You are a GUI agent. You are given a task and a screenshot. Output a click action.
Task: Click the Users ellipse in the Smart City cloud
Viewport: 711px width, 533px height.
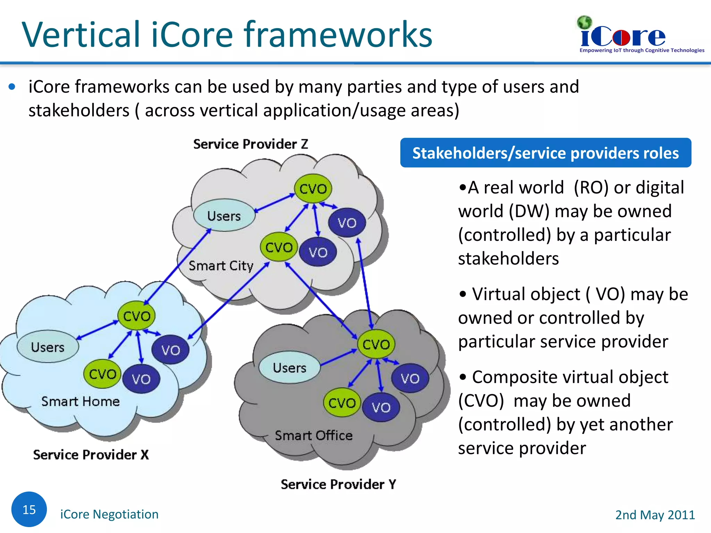pyautogui.click(x=224, y=215)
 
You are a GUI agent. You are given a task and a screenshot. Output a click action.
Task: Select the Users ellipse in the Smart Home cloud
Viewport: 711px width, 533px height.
pyautogui.click(x=48, y=347)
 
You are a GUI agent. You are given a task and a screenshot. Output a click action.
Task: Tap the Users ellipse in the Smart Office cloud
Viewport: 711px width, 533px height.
pyautogui.click(x=290, y=367)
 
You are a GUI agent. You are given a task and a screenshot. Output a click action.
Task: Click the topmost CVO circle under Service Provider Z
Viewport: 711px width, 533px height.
pyautogui.click(x=313, y=189)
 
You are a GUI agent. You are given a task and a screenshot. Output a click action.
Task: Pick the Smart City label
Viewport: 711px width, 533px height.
pyautogui.click(x=221, y=266)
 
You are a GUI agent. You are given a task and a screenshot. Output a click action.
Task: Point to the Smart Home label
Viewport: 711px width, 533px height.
pyautogui.click(x=80, y=401)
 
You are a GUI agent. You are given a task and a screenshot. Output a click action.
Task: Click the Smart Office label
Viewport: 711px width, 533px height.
pyautogui.click(x=313, y=435)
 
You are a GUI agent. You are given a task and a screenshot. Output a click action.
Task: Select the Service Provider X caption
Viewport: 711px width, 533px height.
pyautogui.click(x=91, y=455)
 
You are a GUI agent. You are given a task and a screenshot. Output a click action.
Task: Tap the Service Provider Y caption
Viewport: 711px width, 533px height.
pyautogui.click(x=338, y=484)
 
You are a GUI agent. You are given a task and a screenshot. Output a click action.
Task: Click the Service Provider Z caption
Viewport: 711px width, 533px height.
pyautogui.click(x=251, y=144)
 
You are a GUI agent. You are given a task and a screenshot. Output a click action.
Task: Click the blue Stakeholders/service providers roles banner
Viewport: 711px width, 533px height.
pyautogui.click(x=545, y=153)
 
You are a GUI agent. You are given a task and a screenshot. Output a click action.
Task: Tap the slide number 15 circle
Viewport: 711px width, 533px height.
pyautogui.click(x=29, y=509)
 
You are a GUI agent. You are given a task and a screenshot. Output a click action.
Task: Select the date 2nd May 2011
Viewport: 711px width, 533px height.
pyautogui.click(x=655, y=515)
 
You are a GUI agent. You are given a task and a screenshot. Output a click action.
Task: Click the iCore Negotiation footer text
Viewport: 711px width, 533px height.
pyautogui.click(x=109, y=514)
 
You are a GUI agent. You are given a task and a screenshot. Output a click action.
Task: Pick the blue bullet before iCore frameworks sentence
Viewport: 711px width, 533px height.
pyautogui.click(x=12, y=87)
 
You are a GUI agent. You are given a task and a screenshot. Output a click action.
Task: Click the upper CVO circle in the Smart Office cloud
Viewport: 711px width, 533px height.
pyautogui.click(x=376, y=344)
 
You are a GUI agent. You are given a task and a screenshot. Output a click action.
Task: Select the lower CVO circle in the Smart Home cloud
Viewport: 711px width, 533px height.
pyautogui.click(x=102, y=374)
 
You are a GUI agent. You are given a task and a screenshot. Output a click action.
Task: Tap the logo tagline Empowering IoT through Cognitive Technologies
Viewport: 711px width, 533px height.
pyautogui.click(x=642, y=50)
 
